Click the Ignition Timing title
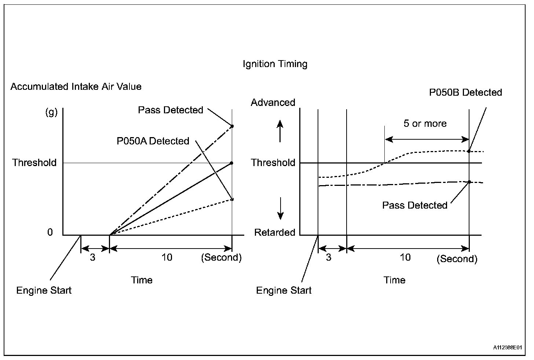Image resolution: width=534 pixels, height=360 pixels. (x=275, y=64)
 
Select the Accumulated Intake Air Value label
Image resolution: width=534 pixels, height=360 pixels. (x=76, y=87)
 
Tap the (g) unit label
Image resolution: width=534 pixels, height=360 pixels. (x=51, y=112)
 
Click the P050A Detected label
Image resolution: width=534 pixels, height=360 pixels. (x=153, y=141)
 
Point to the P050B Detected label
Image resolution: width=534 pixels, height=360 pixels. (x=465, y=92)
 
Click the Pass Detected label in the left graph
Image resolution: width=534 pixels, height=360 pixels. (x=171, y=110)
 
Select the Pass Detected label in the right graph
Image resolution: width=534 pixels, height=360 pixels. (x=415, y=205)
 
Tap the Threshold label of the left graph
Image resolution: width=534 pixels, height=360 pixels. (x=34, y=163)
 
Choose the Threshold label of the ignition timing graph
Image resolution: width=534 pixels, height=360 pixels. (x=273, y=163)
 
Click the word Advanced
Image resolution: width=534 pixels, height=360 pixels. (x=273, y=103)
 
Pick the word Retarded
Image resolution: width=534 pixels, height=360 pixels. (x=275, y=232)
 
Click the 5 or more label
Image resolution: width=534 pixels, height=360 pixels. (x=425, y=124)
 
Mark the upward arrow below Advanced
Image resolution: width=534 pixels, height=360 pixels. (x=280, y=131)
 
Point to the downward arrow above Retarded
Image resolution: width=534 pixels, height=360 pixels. (x=280, y=208)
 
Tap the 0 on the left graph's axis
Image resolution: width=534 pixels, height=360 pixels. (x=50, y=232)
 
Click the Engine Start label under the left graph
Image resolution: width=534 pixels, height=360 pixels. (x=44, y=291)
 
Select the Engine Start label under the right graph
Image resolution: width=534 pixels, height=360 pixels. (x=284, y=291)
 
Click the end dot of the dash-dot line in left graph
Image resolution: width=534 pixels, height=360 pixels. (x=232, y=126)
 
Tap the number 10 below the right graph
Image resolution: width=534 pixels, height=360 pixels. (x=405, y=257)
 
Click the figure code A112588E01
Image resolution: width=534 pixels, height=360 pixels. (x=508, y=347)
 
